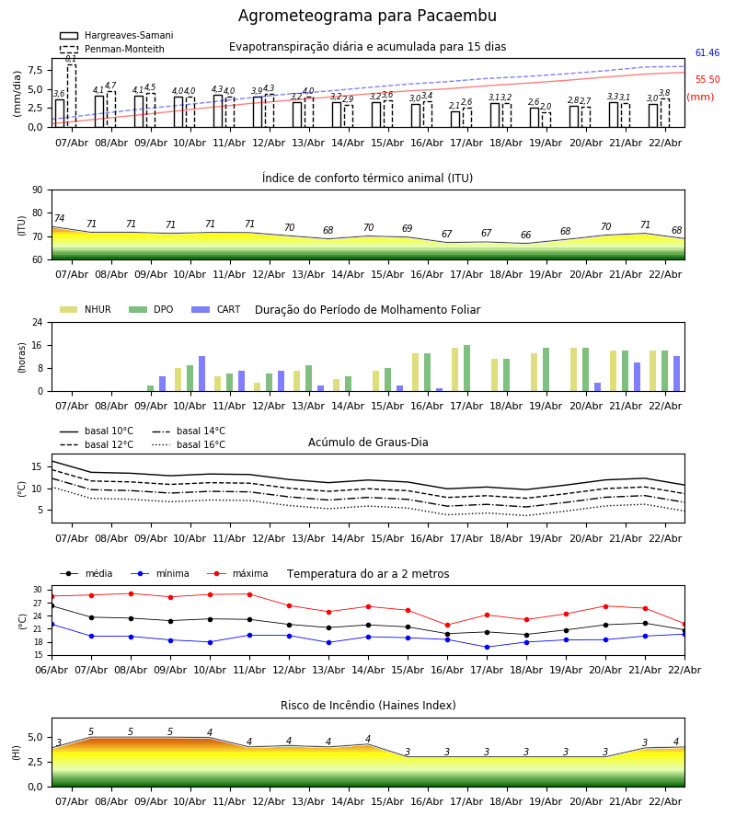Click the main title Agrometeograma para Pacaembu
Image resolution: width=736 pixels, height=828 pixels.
tap(367, 17)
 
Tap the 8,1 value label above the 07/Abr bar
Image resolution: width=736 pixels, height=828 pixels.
tap(71, 59)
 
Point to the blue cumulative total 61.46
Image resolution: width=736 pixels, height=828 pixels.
tap(707, 53)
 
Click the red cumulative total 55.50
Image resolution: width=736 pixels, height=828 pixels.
tap(707, 80)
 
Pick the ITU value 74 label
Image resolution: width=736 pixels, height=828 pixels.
tap(60, 219)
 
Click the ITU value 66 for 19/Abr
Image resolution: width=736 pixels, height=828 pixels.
tap(525, 236)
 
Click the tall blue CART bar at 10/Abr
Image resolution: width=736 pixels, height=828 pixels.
tap(202, 374)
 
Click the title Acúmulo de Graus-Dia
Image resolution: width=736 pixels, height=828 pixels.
tap(368, 443)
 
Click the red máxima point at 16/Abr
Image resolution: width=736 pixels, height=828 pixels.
tap(447, 626)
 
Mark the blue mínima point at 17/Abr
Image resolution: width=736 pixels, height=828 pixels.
tap(487, 647)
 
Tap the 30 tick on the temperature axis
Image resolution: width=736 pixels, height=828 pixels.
tap(38, 590)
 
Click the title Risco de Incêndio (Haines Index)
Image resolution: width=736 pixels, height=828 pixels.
tap(368, 706)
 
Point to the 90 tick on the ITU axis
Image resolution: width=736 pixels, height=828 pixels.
tap(37, 190)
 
